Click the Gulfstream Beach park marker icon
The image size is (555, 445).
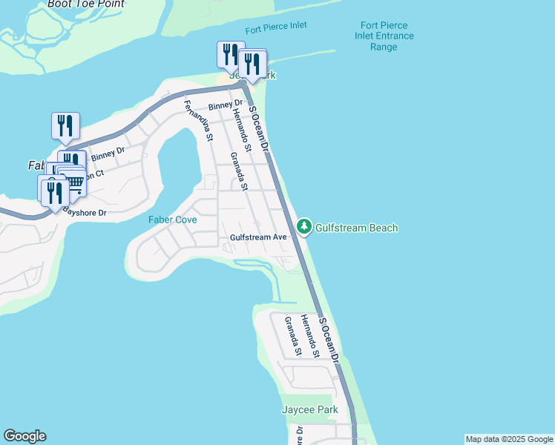click(304, 227)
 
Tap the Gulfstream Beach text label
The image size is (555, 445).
click(357, 228)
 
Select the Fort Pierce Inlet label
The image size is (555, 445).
click(276, 27)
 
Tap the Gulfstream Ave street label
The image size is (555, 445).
click(258, 237)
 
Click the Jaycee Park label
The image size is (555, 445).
click(309, 409)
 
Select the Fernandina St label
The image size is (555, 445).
click(199, 121)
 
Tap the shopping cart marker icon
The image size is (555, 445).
click(74, 182)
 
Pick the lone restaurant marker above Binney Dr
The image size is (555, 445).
click(65, 125)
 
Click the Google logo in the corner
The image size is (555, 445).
click(24, 436)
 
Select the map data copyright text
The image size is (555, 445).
click(510, 439)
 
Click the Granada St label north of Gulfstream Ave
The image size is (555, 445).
click(238, 171)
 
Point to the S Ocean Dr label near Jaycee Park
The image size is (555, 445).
click(329, 340)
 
